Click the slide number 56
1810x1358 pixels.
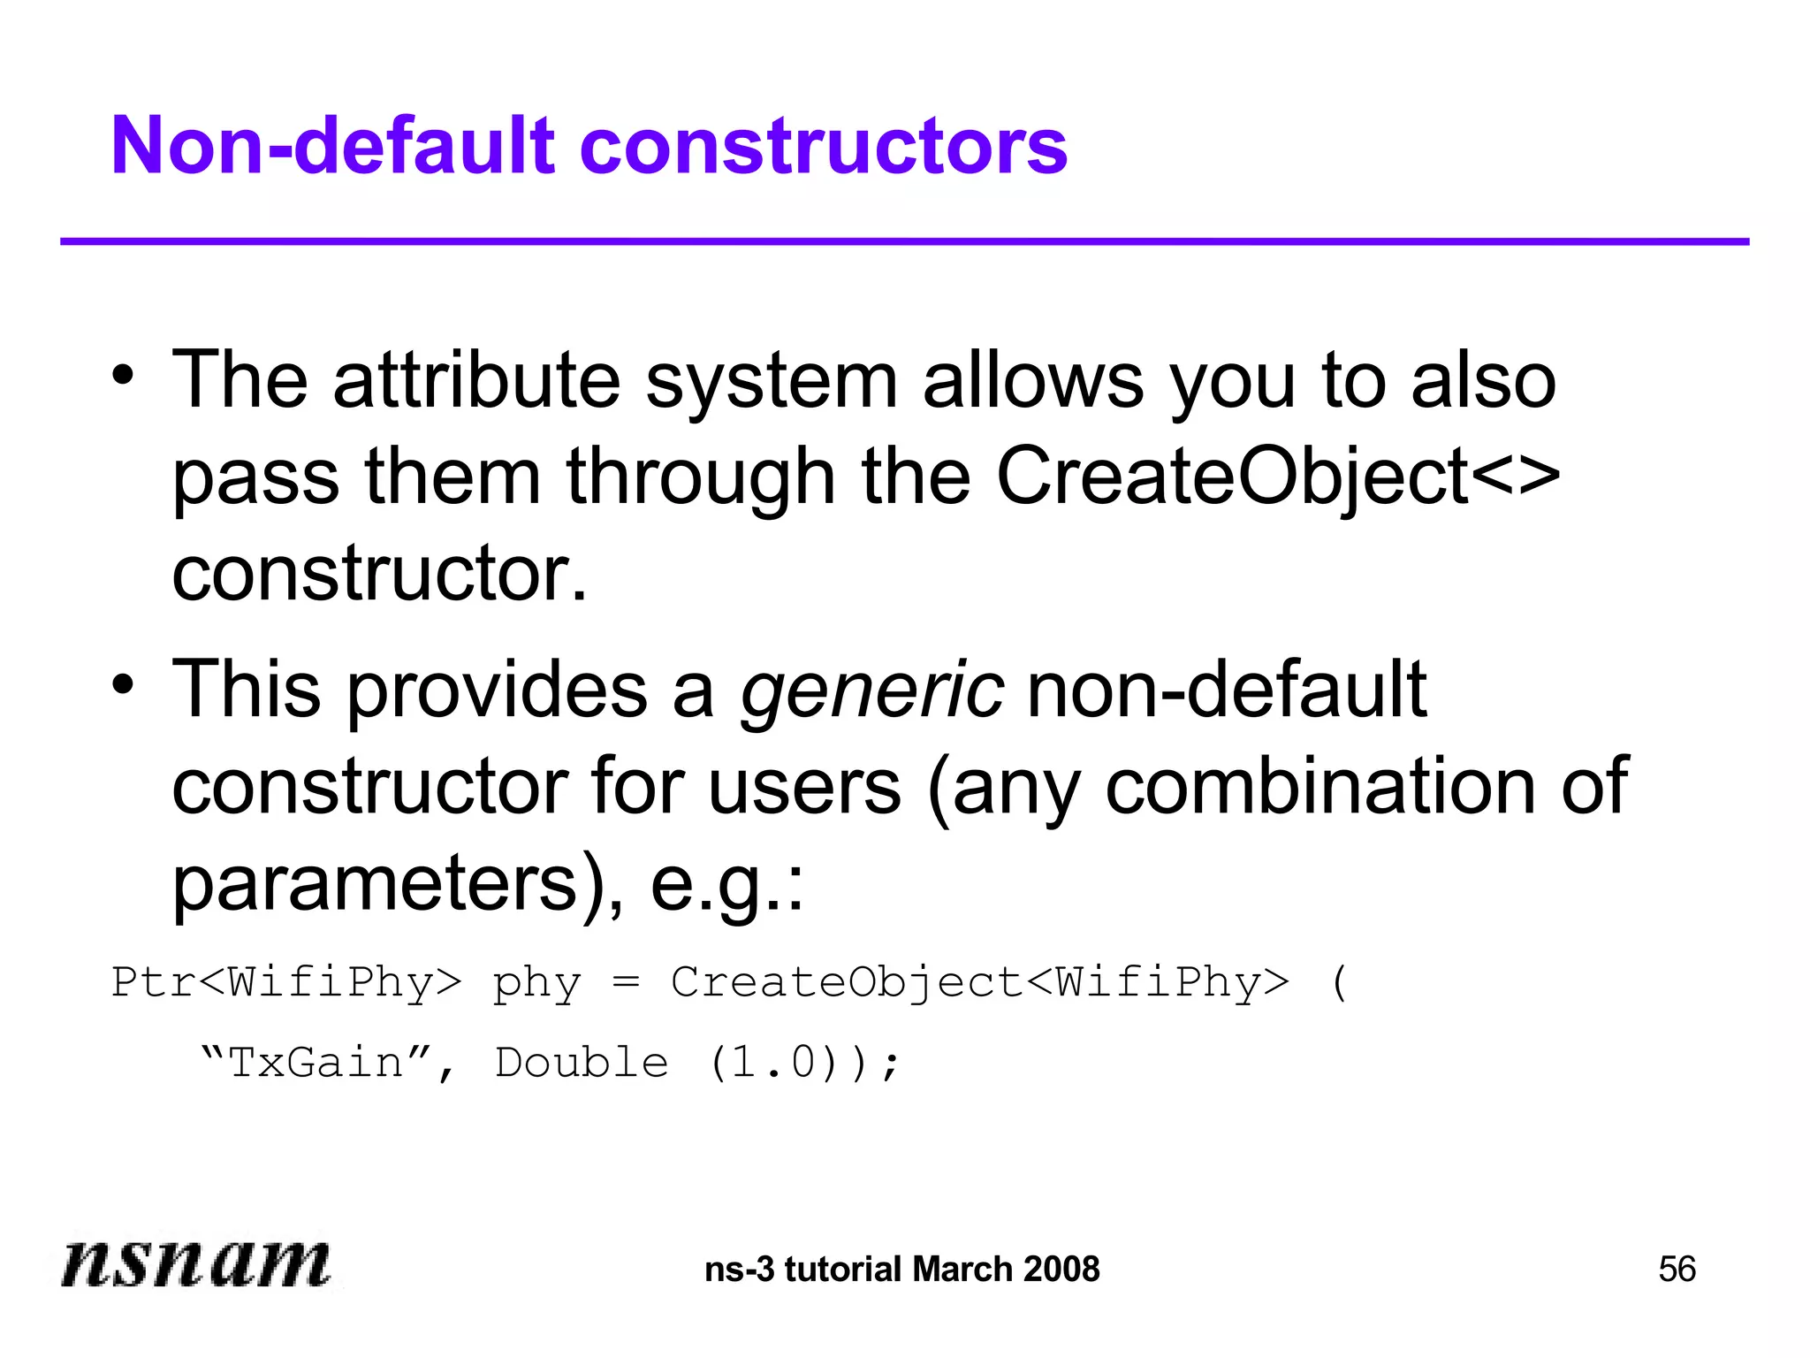click(x=1677, y=1270)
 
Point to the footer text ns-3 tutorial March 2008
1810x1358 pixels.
click(x=902, y=1270)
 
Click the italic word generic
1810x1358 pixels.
click(x=871, y=690)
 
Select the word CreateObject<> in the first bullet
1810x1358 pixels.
click(x=1277, y=477)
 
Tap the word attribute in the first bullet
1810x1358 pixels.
click(x=476, y=381)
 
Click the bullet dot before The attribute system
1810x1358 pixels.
click(x=123, y=375)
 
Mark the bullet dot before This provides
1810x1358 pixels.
click(x=123, y=683)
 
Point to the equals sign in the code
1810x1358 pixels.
click(x=626, y=983)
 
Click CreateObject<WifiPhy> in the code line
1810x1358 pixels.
click(x=979, y=983)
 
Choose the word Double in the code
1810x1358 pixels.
click(x=582, y=1063)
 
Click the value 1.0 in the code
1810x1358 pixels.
click(x=772, y=1063)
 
